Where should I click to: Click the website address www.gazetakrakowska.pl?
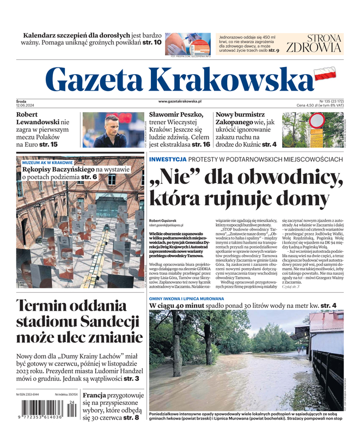180,101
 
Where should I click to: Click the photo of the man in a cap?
113,130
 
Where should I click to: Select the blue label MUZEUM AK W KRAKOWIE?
47,162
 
